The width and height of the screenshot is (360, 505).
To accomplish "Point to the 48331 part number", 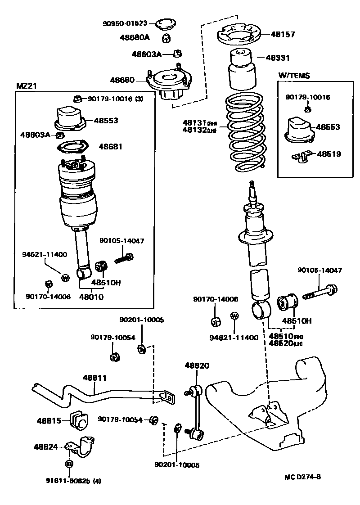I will pos(278,58).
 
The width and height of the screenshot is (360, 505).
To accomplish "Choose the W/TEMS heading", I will pos(294,76).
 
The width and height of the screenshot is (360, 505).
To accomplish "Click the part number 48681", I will pos(110,147).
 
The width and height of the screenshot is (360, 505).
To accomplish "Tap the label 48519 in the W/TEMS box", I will pos(329,154).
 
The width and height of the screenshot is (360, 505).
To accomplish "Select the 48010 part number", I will pos(91,297).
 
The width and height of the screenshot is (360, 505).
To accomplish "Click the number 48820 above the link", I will pos(197,366).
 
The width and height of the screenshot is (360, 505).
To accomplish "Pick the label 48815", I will pos(49,420).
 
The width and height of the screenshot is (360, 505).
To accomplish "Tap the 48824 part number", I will pos(46,447).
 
